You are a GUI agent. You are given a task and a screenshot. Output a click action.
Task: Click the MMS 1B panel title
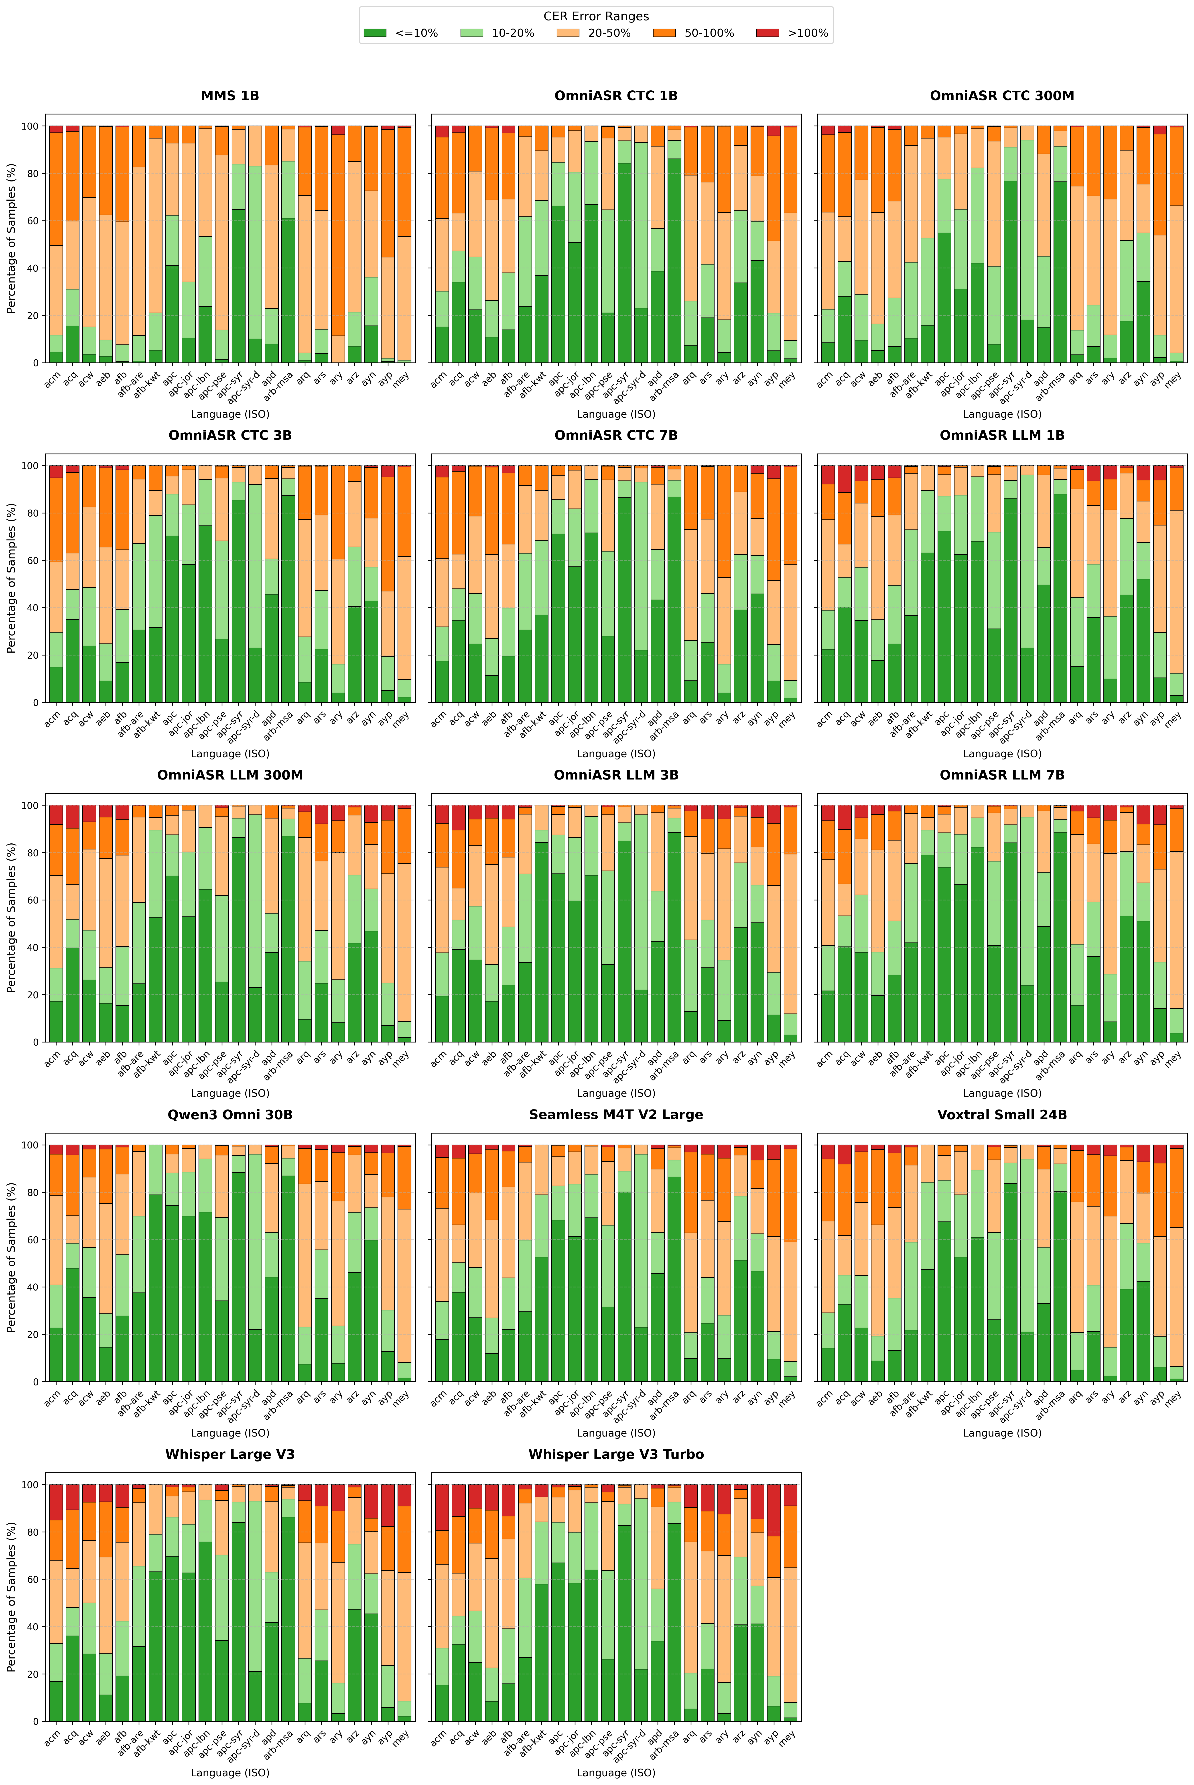[230, 96]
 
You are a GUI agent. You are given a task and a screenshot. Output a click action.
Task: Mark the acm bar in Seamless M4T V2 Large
[440, 1264]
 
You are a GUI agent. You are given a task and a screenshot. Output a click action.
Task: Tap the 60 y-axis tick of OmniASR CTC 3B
[34, 560]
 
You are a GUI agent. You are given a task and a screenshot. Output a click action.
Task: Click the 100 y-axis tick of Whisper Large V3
[30, 1485]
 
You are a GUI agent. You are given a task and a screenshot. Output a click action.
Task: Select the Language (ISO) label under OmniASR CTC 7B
[616, 754]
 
